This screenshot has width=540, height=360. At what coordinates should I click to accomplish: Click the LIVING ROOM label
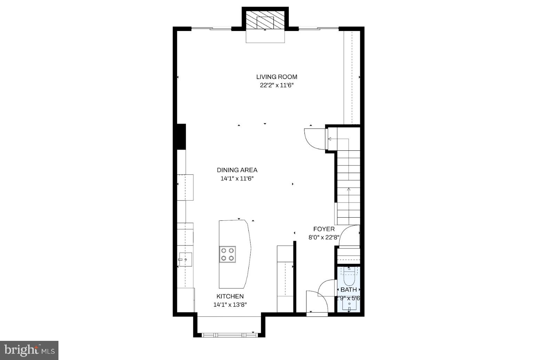pos(277,77)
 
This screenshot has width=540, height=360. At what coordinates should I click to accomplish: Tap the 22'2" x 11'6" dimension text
pos(277,85)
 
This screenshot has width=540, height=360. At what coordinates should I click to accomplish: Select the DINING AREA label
pos(237,170)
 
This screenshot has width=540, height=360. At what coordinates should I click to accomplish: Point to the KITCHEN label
pos(230,296)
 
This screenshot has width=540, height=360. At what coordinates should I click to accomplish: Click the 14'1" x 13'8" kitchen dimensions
pos(230,305)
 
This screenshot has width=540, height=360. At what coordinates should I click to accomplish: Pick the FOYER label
pos(324,229)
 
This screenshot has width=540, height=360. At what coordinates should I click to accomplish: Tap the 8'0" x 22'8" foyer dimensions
pos(324,237)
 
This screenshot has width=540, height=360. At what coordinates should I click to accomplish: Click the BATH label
pos(348,290)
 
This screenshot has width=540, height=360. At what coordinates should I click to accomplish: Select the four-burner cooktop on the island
pos(227,254)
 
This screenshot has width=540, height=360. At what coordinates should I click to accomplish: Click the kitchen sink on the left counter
pos(185,259)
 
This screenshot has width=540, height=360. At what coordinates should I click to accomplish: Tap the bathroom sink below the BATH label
pos(349,305)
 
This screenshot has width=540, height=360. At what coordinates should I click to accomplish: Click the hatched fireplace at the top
pos(265,20)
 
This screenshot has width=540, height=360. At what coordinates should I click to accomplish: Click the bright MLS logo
pos(29,350)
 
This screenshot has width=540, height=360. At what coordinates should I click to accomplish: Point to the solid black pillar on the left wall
pos(181,136)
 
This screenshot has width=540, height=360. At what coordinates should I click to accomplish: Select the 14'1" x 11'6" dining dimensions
pos(237,179)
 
